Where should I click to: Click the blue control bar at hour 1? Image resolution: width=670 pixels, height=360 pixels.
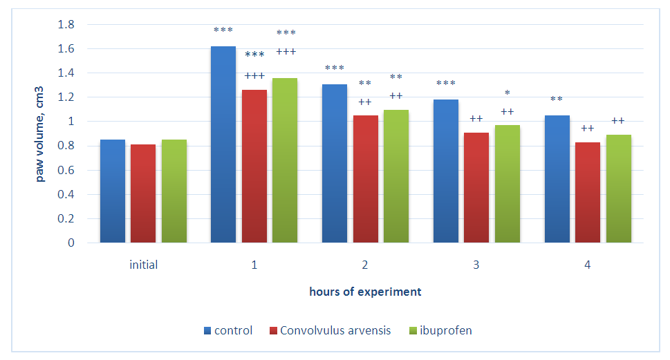click(223, 145)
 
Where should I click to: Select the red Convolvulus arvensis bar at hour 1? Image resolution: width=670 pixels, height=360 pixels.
click(254, 167)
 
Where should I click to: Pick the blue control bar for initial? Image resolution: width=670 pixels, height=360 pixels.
click(113, 191)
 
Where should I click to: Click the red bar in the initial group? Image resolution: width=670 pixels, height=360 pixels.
click(143, 193)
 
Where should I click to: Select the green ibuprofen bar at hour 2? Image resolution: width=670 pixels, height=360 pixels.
click(396, 176)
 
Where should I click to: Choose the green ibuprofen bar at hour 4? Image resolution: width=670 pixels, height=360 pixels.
click(619, 189)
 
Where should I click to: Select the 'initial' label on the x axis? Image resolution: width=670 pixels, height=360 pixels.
click(143, 265)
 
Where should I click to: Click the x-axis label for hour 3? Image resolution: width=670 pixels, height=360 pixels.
click(476, 265)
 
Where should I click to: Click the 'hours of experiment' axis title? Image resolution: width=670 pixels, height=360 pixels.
click(365, 292)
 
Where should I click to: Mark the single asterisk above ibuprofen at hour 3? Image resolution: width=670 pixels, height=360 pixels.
click(508, 93)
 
